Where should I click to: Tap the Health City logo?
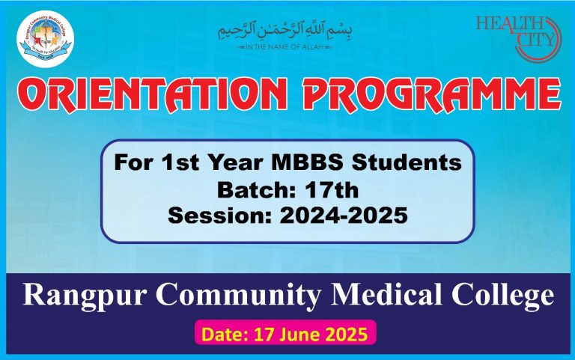(517, 34)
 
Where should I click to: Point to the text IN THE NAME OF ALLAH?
(285, 46)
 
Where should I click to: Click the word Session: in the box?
(213, 216)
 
